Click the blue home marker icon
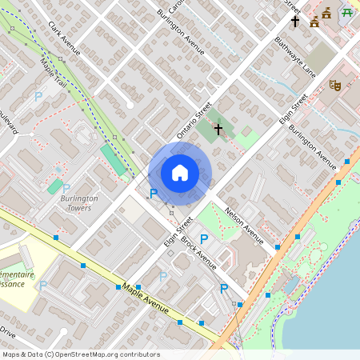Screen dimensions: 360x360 pos(180,173)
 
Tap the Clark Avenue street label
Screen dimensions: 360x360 pos(65,38)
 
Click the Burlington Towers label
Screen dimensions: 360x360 pos(78,202)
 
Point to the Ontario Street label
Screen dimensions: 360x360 pos(193,120)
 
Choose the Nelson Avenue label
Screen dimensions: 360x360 pos(244,223)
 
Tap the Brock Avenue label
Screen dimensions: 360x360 pos(198,252)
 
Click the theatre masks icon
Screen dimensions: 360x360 pos(335,82)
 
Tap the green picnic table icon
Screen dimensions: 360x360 pos(347,12)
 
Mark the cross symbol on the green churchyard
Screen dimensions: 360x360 pos(218,128)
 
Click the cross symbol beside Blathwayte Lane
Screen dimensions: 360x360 pos(294,22)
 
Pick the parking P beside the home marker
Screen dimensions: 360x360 pos(154,192)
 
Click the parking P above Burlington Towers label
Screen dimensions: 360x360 pos(66,189)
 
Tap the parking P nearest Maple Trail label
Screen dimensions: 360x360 pos(38,96)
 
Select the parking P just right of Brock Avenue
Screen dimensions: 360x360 pos(204,238)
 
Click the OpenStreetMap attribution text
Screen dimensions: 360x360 pos(81,354)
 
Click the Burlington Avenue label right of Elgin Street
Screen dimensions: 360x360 pos(313,142)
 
